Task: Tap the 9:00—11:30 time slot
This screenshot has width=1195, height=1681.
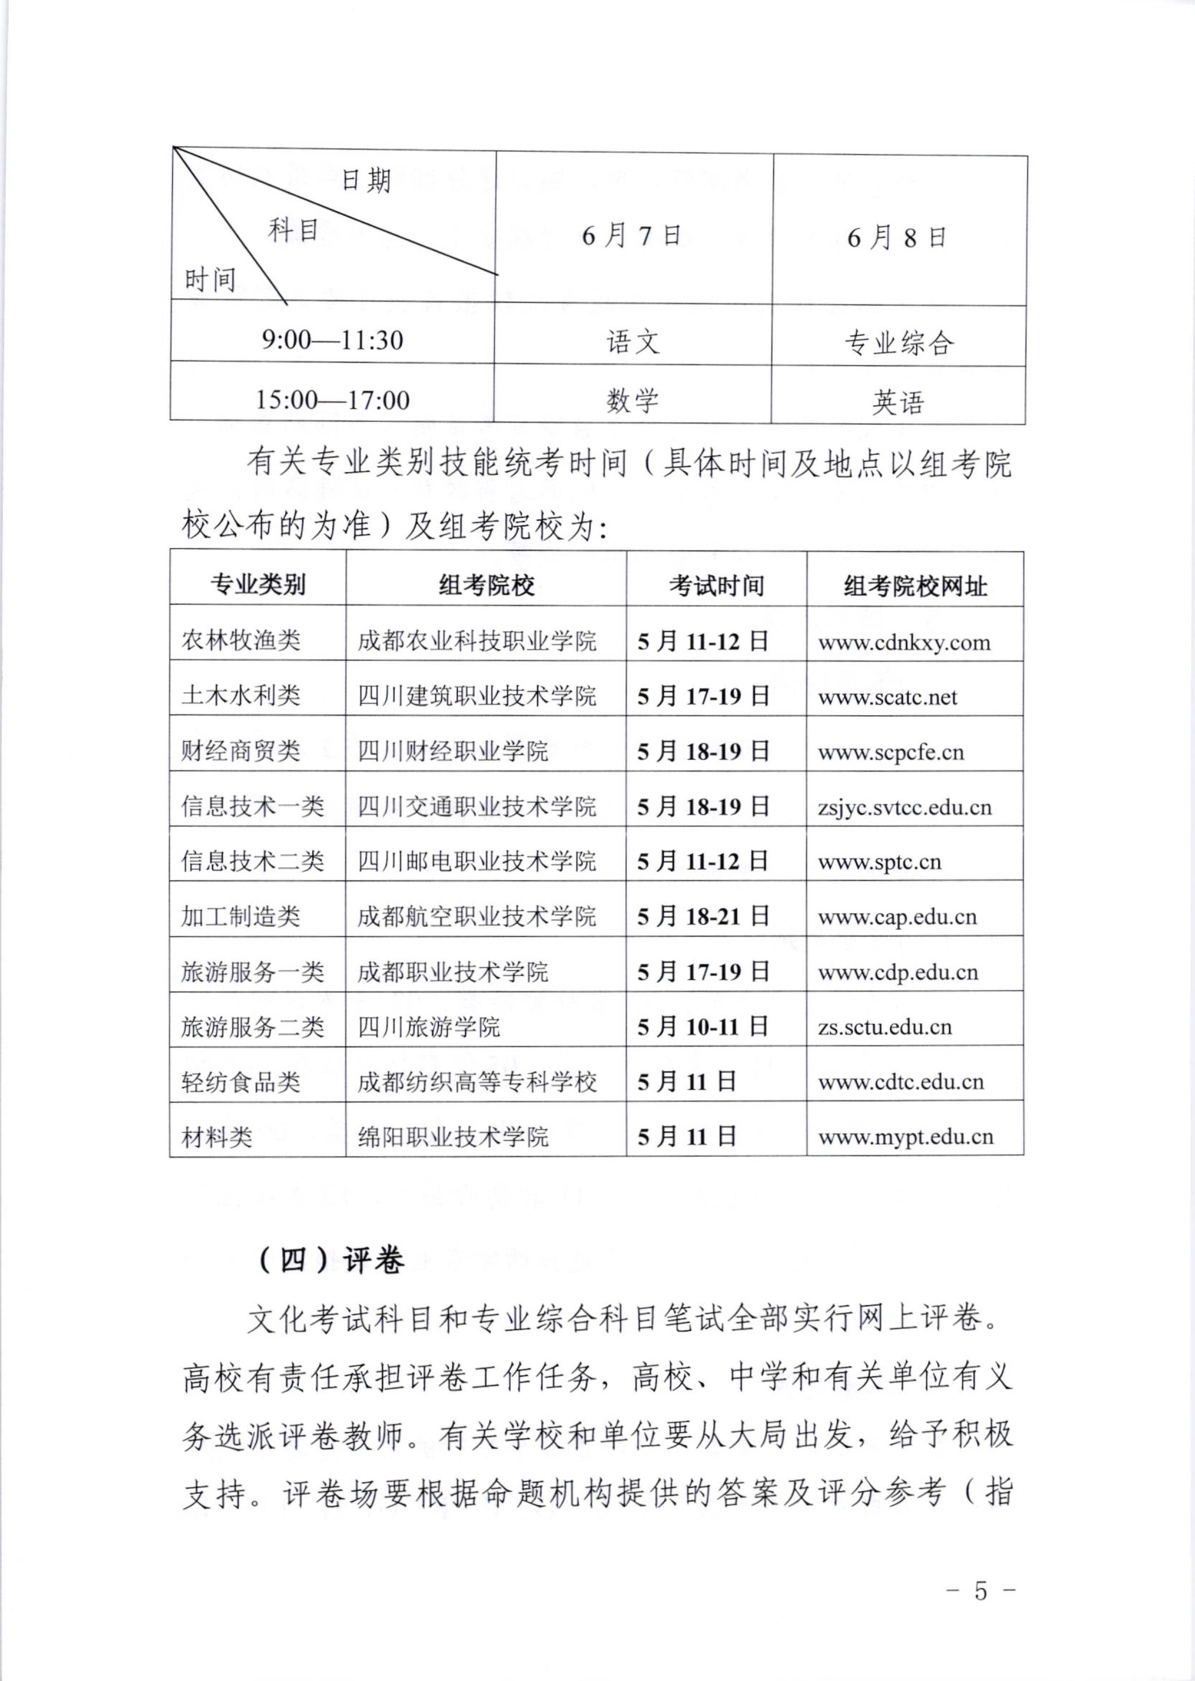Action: pos(333,340)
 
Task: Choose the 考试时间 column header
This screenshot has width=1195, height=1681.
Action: pos(716,586)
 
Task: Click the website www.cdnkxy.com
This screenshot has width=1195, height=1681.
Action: pos(904,642)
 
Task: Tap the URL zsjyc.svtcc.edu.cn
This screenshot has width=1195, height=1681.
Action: pos(904,807)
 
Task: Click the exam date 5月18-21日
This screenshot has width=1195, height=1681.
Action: pos(703,916)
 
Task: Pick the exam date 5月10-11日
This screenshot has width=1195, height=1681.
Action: pos(703,1026)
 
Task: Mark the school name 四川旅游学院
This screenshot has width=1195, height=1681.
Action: pos(429,1026)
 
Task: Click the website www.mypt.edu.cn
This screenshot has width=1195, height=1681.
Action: pos(906,1137)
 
